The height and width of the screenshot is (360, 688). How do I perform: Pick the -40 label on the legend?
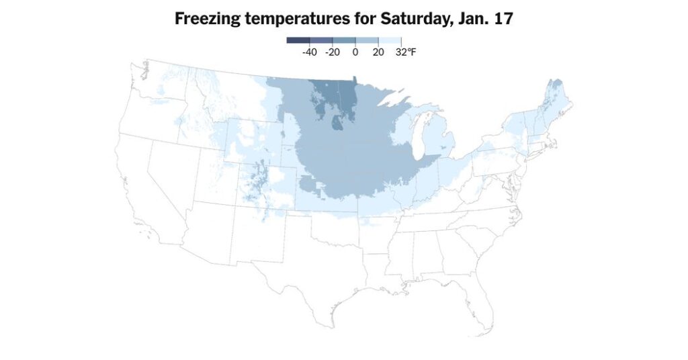tap(310, 52)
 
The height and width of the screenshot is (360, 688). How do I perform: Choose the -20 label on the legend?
tap(332, 52)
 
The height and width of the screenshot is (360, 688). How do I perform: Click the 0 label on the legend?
tap(355, 52)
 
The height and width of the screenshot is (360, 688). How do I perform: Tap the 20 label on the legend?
tap(378, 52)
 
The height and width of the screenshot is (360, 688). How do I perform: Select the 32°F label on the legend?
tap(406, 52)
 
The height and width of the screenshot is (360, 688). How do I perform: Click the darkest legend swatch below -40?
tap(298, 40)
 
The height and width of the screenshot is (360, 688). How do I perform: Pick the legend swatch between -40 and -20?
tap(321, 40)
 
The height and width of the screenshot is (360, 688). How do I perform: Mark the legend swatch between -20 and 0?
tap(344, 40)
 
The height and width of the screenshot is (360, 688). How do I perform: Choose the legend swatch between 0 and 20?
tap(367, 40)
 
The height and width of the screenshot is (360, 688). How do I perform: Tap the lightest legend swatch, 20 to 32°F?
tap(390, 40)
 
